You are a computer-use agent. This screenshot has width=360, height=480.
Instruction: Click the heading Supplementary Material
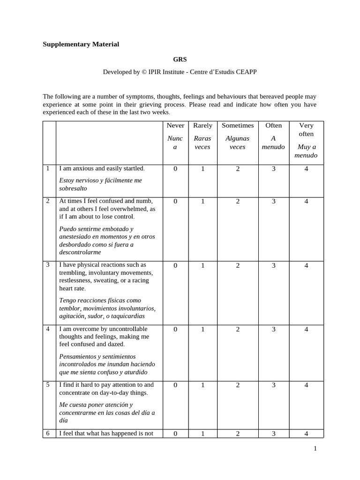click(x=81, y=45)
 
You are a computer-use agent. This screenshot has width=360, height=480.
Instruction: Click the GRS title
click(x=180, y=60)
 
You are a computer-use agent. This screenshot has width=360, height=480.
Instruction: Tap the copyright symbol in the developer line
click(x=144, y=72)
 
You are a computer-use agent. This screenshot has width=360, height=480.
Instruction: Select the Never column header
click(x=175, y=126)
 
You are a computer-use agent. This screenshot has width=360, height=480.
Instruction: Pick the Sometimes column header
click(x=238, y=126)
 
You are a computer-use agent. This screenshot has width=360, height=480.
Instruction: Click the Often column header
click(x=273, y=126)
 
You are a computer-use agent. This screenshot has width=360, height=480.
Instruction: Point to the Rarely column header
click(x=202, y=126)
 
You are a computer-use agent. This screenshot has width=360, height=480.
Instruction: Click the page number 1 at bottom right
click(x=315, y=449)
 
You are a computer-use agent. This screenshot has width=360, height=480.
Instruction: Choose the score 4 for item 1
click(x=306, y=169)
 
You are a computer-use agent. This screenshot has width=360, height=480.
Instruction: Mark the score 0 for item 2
click(x=175, y=202)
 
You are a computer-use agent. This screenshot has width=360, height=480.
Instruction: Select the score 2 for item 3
click(x=238, y=265)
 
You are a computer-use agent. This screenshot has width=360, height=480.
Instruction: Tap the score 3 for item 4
click(x=273, y=330)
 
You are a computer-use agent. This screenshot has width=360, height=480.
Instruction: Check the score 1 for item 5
click(x=202, y=385)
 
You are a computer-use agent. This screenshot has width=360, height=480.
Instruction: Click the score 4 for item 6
click(x=306, y=434)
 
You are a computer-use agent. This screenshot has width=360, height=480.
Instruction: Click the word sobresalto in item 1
click(x=73, y=188)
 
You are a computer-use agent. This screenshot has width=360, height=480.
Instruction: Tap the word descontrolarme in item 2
click(x=80, y=252)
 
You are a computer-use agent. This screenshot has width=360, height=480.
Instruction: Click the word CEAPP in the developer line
click(x=246, y=72)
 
